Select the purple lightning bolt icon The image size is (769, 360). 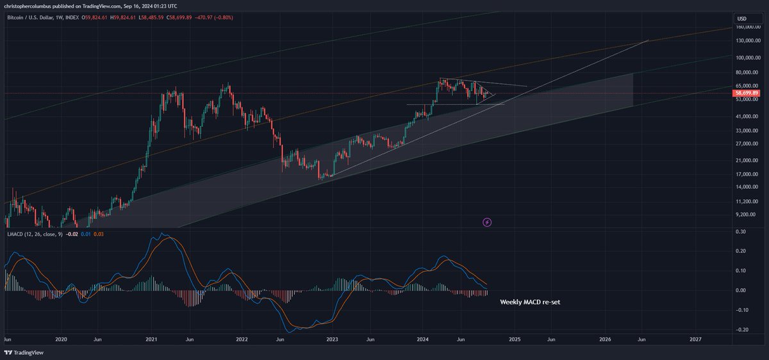coord(487,222)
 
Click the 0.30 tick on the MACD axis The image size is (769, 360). coord(740,232)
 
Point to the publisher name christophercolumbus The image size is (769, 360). coord(29,5)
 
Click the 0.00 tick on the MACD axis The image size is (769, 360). coord(740,290)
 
